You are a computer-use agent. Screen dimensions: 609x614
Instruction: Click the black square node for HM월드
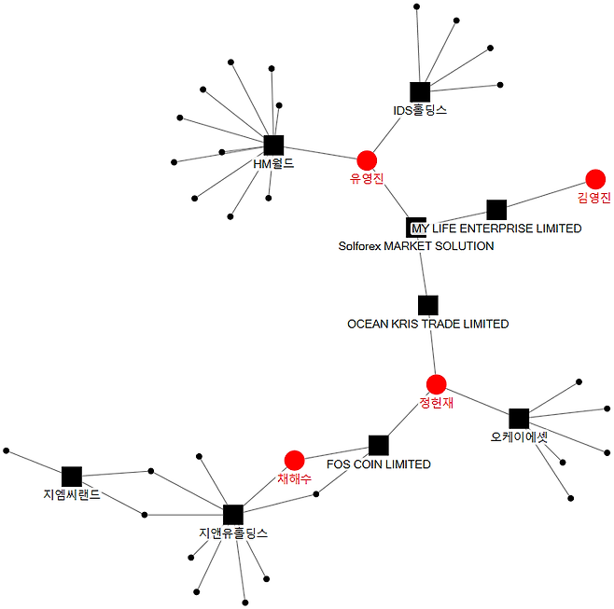273,145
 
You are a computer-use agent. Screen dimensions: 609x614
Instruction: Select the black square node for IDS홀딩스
420,91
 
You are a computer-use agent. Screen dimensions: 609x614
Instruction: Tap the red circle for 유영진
367,159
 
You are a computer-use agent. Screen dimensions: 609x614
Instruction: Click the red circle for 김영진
594,179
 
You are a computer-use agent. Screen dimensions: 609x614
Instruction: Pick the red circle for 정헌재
436,384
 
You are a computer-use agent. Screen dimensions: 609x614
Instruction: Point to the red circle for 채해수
294,460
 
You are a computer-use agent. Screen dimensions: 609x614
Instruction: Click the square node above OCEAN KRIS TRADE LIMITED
428,305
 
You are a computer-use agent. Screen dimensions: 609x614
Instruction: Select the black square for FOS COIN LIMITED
378,445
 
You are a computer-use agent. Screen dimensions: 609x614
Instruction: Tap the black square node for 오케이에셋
519,419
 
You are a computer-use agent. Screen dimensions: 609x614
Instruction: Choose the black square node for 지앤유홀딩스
233,514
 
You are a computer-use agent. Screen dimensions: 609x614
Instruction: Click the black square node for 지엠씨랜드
72,477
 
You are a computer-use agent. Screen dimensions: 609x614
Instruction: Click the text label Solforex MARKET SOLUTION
416,246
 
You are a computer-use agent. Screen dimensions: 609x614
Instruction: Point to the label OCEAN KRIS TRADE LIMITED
428,324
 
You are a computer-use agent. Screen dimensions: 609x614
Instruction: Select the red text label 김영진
593,198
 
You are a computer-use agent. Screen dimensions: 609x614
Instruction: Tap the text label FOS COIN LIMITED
378,464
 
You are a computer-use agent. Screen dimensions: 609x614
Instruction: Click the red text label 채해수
294,478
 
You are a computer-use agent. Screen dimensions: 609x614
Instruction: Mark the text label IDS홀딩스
420,110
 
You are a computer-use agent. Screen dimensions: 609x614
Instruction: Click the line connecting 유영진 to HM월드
320,152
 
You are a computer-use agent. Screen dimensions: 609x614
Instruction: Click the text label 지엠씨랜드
72,494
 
